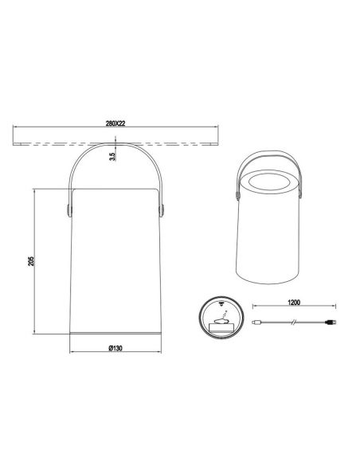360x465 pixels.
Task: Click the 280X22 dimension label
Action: click(x=115, y=123)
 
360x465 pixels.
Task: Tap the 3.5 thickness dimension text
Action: click(x=112, y=157)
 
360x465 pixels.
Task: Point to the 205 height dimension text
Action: click(x=31, y=260)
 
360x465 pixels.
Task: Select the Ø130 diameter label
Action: click(x=115, y=348)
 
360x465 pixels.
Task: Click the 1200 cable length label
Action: click(x=294, y=303)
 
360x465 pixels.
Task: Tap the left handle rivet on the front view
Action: click(x=69, y=210)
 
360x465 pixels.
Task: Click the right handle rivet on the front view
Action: click(x=162, y=210)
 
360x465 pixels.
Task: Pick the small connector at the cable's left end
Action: click(x=256, y=322)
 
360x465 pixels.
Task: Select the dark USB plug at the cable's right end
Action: click(x=331, y=322)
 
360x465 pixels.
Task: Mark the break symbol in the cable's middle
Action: click(x=294, y=322)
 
